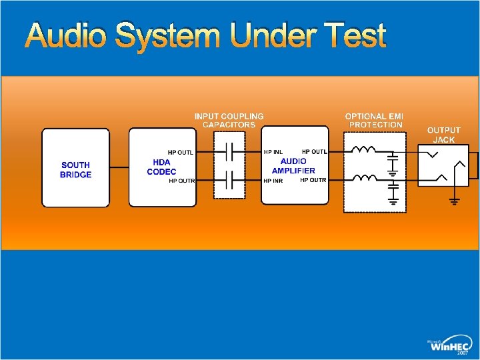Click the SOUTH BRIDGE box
(x=75, y=168)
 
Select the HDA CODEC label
(x=161, y=167)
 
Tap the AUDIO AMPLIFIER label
(x=293, y=166)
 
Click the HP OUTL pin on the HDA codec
(x=181, y=153)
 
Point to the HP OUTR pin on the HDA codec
(x=182, y=181)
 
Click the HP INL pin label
(x=273, y=152)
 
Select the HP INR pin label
(x=273, y=181)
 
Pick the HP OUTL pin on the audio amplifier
(x=315, y=151)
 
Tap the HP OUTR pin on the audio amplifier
(x=313, y=180)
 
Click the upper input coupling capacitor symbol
(x=229, y=152)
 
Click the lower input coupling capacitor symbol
(x=229, y=180)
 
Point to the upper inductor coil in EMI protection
(x=363, y=149)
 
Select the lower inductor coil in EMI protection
(x=365, y=177)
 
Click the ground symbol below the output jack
(x=455, y=201)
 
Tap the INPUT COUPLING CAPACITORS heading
(x=229, y=120)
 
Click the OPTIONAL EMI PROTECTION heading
(x=375, y=120)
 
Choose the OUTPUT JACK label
(x=443, y=135)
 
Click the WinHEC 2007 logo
(x=449, y=345)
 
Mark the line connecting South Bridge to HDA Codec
(x=119, y=167)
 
